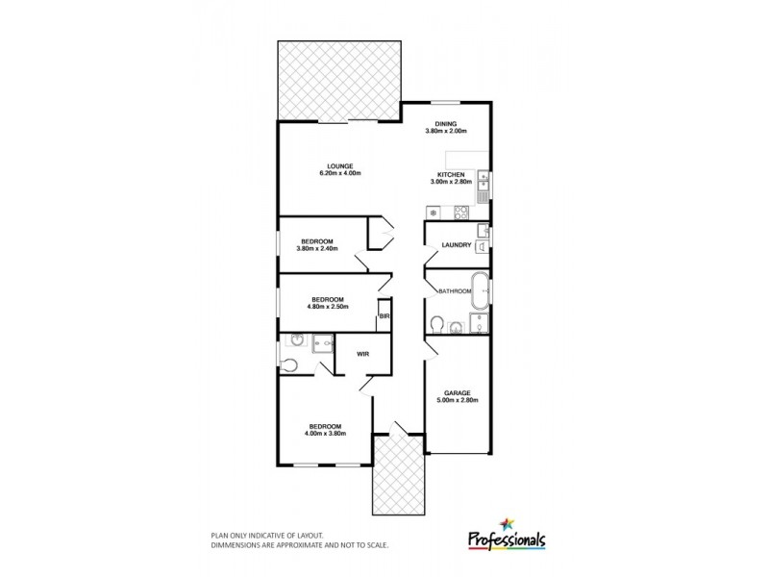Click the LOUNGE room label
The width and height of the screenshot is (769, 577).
[x=339, y=165]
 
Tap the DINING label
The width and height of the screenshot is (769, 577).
[x=445, y=123]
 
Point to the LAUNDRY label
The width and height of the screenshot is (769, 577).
[x=456, y=245]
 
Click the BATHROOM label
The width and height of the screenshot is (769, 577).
[x=453, y=290]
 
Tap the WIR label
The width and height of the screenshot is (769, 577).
[x=363, y=354]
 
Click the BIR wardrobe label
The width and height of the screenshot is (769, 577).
[x=384, y=315]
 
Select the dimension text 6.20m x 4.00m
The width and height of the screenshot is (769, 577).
[x=339, y=174]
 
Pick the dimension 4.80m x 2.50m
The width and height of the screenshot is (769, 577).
[x=327, y=307]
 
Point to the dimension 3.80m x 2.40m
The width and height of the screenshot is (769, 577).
[x=316, y=249]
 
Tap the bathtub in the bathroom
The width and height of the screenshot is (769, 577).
[x=480, y=288]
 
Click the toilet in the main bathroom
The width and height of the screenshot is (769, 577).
[x=437, y=324]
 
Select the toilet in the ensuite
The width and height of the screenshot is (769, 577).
[x=291, y=364]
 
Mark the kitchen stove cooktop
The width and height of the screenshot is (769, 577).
[x=460, y=212]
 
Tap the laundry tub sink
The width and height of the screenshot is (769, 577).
[x=484, y=234]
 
